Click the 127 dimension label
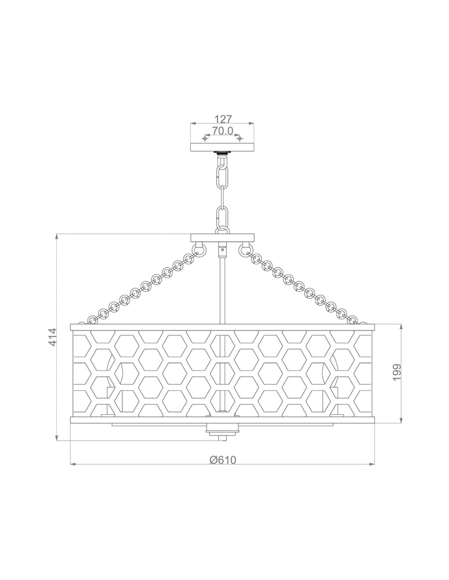220,118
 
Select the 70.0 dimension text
222,131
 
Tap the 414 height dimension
52,337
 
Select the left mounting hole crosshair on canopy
204,139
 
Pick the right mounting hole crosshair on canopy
238,139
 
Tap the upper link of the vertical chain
222,173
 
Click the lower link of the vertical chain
222,217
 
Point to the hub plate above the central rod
223,237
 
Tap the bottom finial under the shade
222,432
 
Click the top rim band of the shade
222,327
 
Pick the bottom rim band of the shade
222,420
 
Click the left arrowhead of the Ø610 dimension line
72,465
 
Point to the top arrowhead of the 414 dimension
57,236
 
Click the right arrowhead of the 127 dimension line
251,124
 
